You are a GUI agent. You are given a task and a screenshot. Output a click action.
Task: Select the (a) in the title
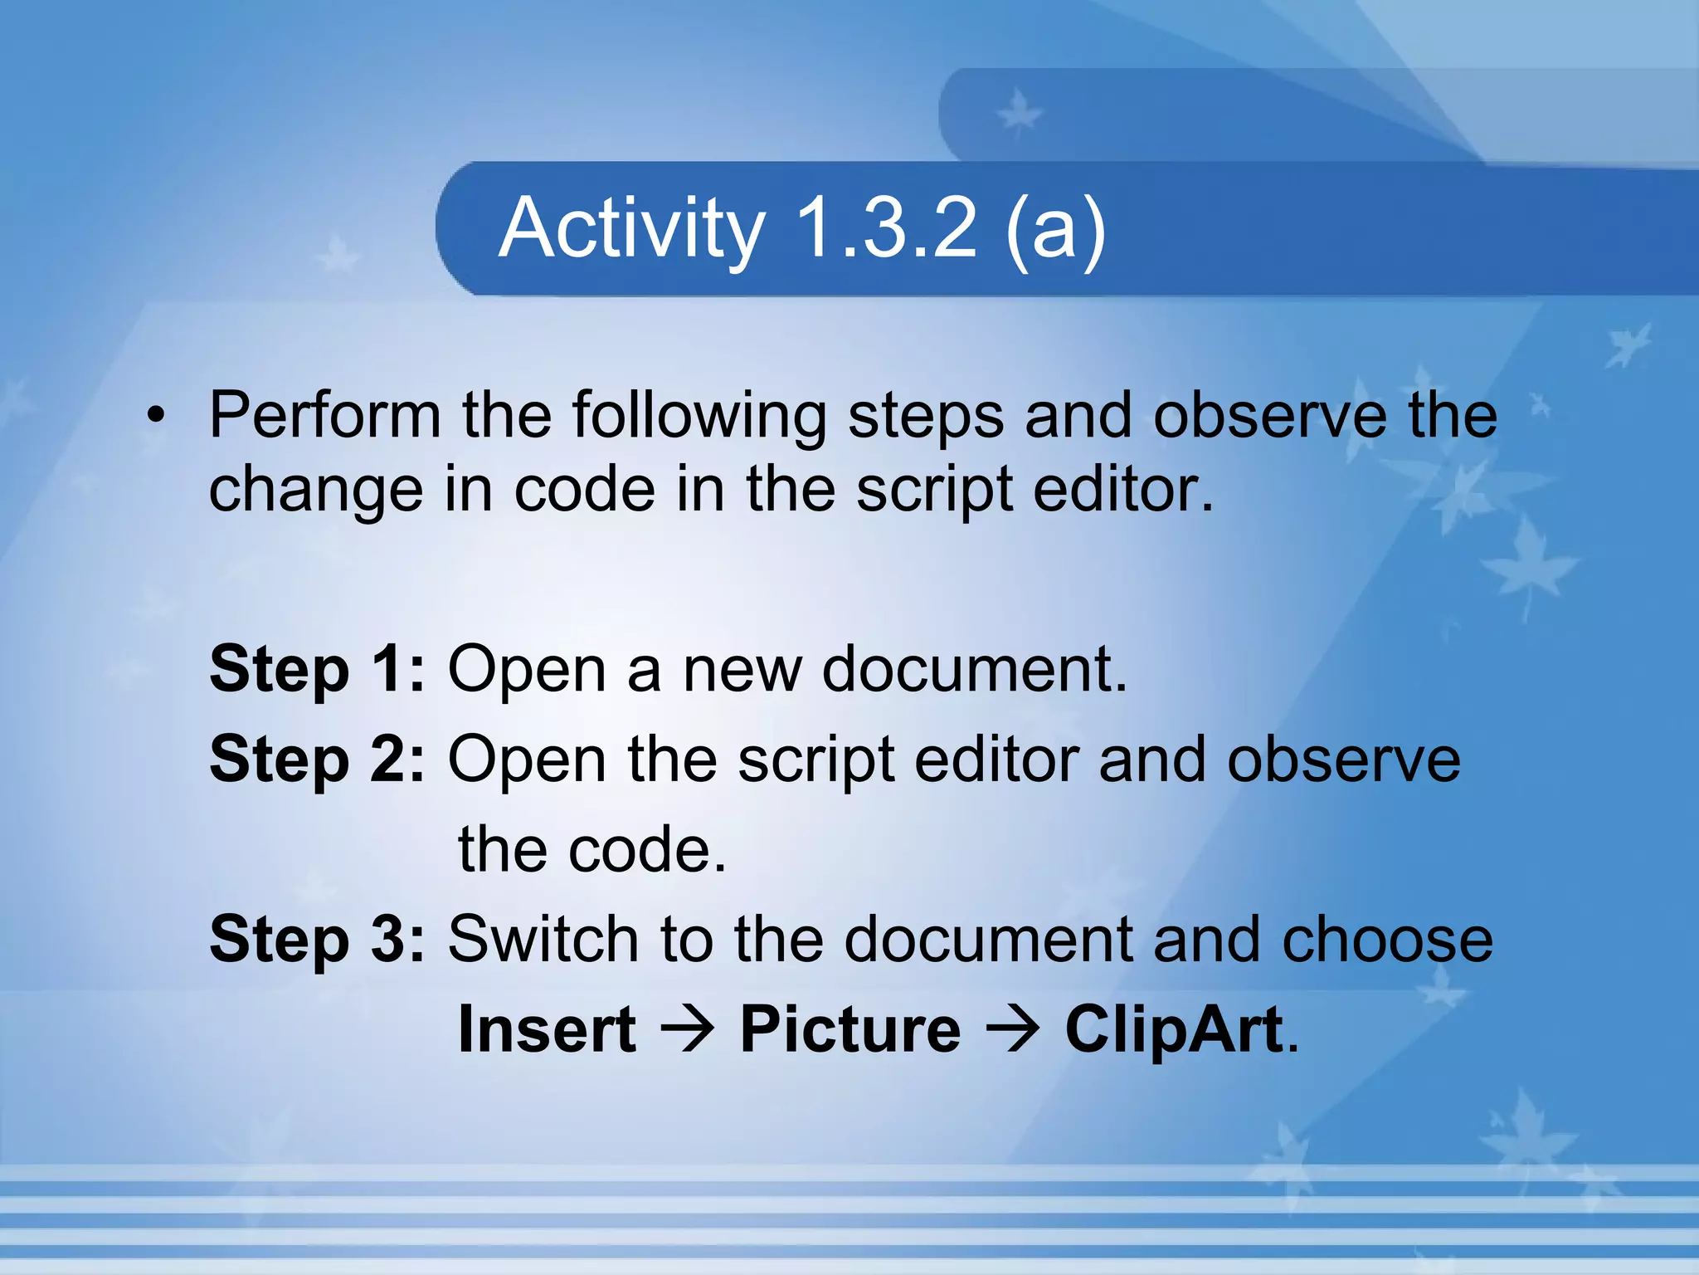(1054, 229)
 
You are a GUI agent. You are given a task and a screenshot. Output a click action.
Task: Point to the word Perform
(324, 415)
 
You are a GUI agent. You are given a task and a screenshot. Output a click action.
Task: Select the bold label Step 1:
(317, 671)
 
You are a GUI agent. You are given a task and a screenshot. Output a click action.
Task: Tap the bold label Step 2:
(317, 760)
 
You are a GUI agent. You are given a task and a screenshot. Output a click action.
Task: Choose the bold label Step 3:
(317, 940)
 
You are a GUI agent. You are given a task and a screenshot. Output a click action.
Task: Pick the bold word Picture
(849, 1030)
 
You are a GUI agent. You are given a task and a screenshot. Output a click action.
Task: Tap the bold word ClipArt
(1174, 1030)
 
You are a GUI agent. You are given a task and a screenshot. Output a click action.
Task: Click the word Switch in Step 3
(543, 940)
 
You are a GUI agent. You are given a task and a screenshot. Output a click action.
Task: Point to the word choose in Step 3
(1387, 940)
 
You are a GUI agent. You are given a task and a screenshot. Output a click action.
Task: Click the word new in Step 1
(742, 671)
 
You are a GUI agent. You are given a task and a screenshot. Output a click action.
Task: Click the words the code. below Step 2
(592, 851)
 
